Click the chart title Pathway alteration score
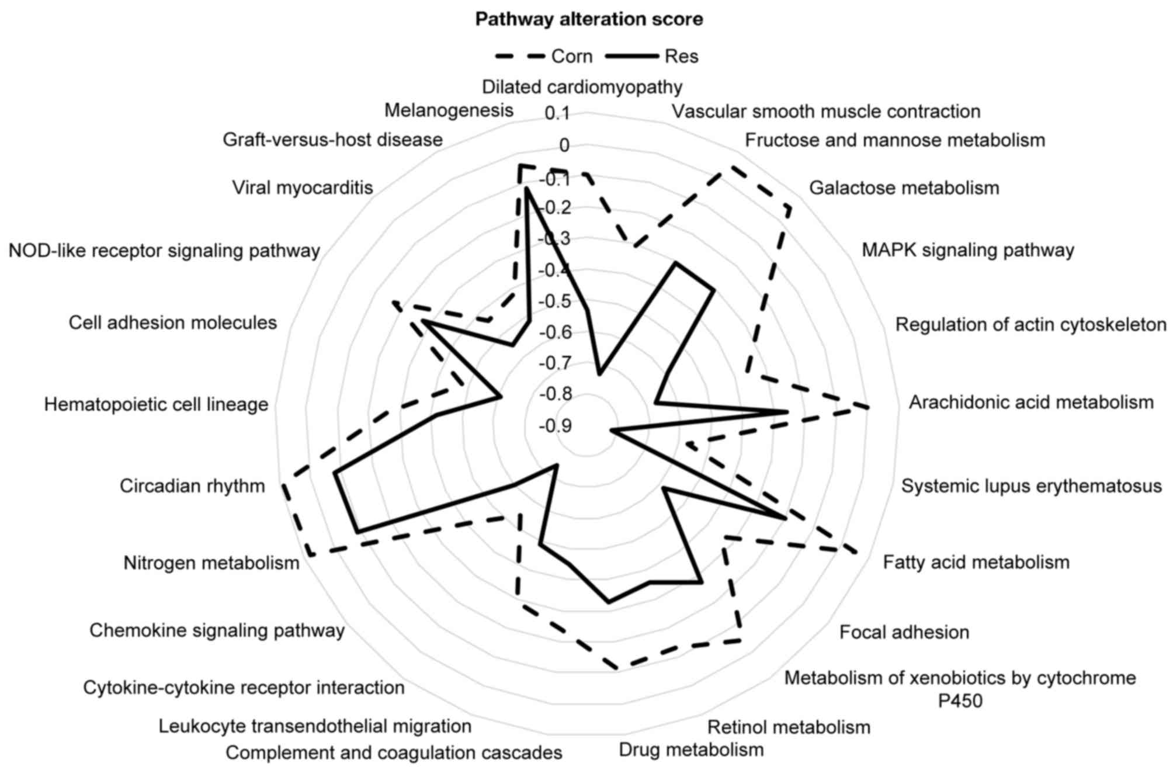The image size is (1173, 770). [589, 19]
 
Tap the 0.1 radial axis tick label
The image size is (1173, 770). [557, 113]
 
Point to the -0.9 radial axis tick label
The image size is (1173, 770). [555, 426]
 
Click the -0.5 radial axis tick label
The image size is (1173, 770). [555, 301]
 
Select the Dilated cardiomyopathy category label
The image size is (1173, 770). [582, 87]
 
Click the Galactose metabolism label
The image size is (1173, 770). [904, 188]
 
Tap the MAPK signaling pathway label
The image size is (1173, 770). [968, 250]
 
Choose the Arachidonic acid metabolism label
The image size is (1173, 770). [1031, 402]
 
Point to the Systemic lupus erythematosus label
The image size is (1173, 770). [1031, 486]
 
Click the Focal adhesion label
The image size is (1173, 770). [904, 632]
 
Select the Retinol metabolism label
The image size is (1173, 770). [789, 727]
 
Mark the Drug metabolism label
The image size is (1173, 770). [691, 750]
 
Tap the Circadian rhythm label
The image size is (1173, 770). [192, 486]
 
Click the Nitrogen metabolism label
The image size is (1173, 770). [211, 563]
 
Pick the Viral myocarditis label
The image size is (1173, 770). [302, 188]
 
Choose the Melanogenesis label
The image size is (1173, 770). [449, 110]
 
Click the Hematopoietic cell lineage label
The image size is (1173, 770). [156, 404]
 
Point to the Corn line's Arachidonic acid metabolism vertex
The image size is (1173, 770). [868, 407]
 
